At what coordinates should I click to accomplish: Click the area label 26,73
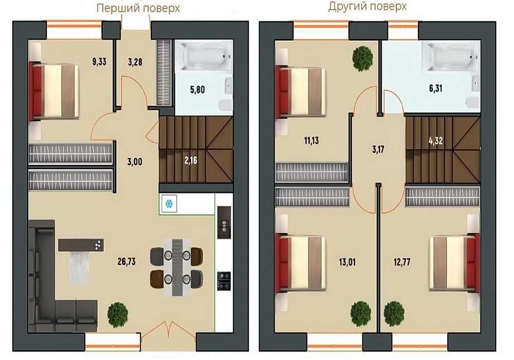tap(126, 262)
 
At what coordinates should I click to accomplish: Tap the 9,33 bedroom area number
tap(99, 61)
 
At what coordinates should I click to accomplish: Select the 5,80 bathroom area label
tap(197, 89)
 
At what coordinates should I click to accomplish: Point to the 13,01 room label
tap(347, 262)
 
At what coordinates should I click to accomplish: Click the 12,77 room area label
tap(402, 262)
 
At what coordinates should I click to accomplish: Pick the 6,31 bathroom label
tap(436, 88)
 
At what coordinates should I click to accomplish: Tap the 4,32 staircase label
tap(435, 140)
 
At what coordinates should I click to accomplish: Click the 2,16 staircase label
tap(191, 160)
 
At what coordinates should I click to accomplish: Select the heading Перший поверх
tap(138, 8)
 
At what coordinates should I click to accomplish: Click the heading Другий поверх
tap(367, 6)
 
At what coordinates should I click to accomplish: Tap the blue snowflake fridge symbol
tap(169, 204)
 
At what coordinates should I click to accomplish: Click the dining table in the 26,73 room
tap(177, 267)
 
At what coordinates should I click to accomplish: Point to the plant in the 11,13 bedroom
tap(362, 58)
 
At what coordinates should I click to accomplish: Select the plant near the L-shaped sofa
tap(117, 314)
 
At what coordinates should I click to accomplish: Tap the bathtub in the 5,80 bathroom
tap(204, 56)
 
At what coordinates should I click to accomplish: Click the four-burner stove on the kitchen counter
tap(224, 281)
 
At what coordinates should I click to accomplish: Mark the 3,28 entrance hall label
tap(135, 62)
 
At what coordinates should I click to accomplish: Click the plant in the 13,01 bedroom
tap(361, 313)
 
